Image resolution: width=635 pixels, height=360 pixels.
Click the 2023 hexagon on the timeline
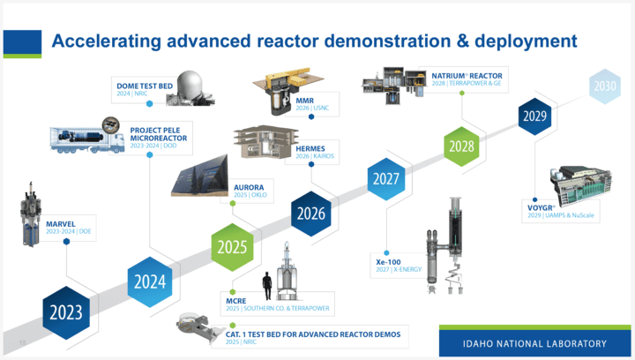[65, 311]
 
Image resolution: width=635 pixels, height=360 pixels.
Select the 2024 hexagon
[151, 281]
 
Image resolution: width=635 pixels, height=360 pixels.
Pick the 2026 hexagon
[314, 213]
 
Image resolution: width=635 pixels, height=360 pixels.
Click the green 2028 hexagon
[462, 146]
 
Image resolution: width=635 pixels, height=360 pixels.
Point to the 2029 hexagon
[536, 116]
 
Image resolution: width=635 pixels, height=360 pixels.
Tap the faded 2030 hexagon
[605, 86]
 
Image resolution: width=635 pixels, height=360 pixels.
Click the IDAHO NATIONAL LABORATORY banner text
[535, 343]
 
